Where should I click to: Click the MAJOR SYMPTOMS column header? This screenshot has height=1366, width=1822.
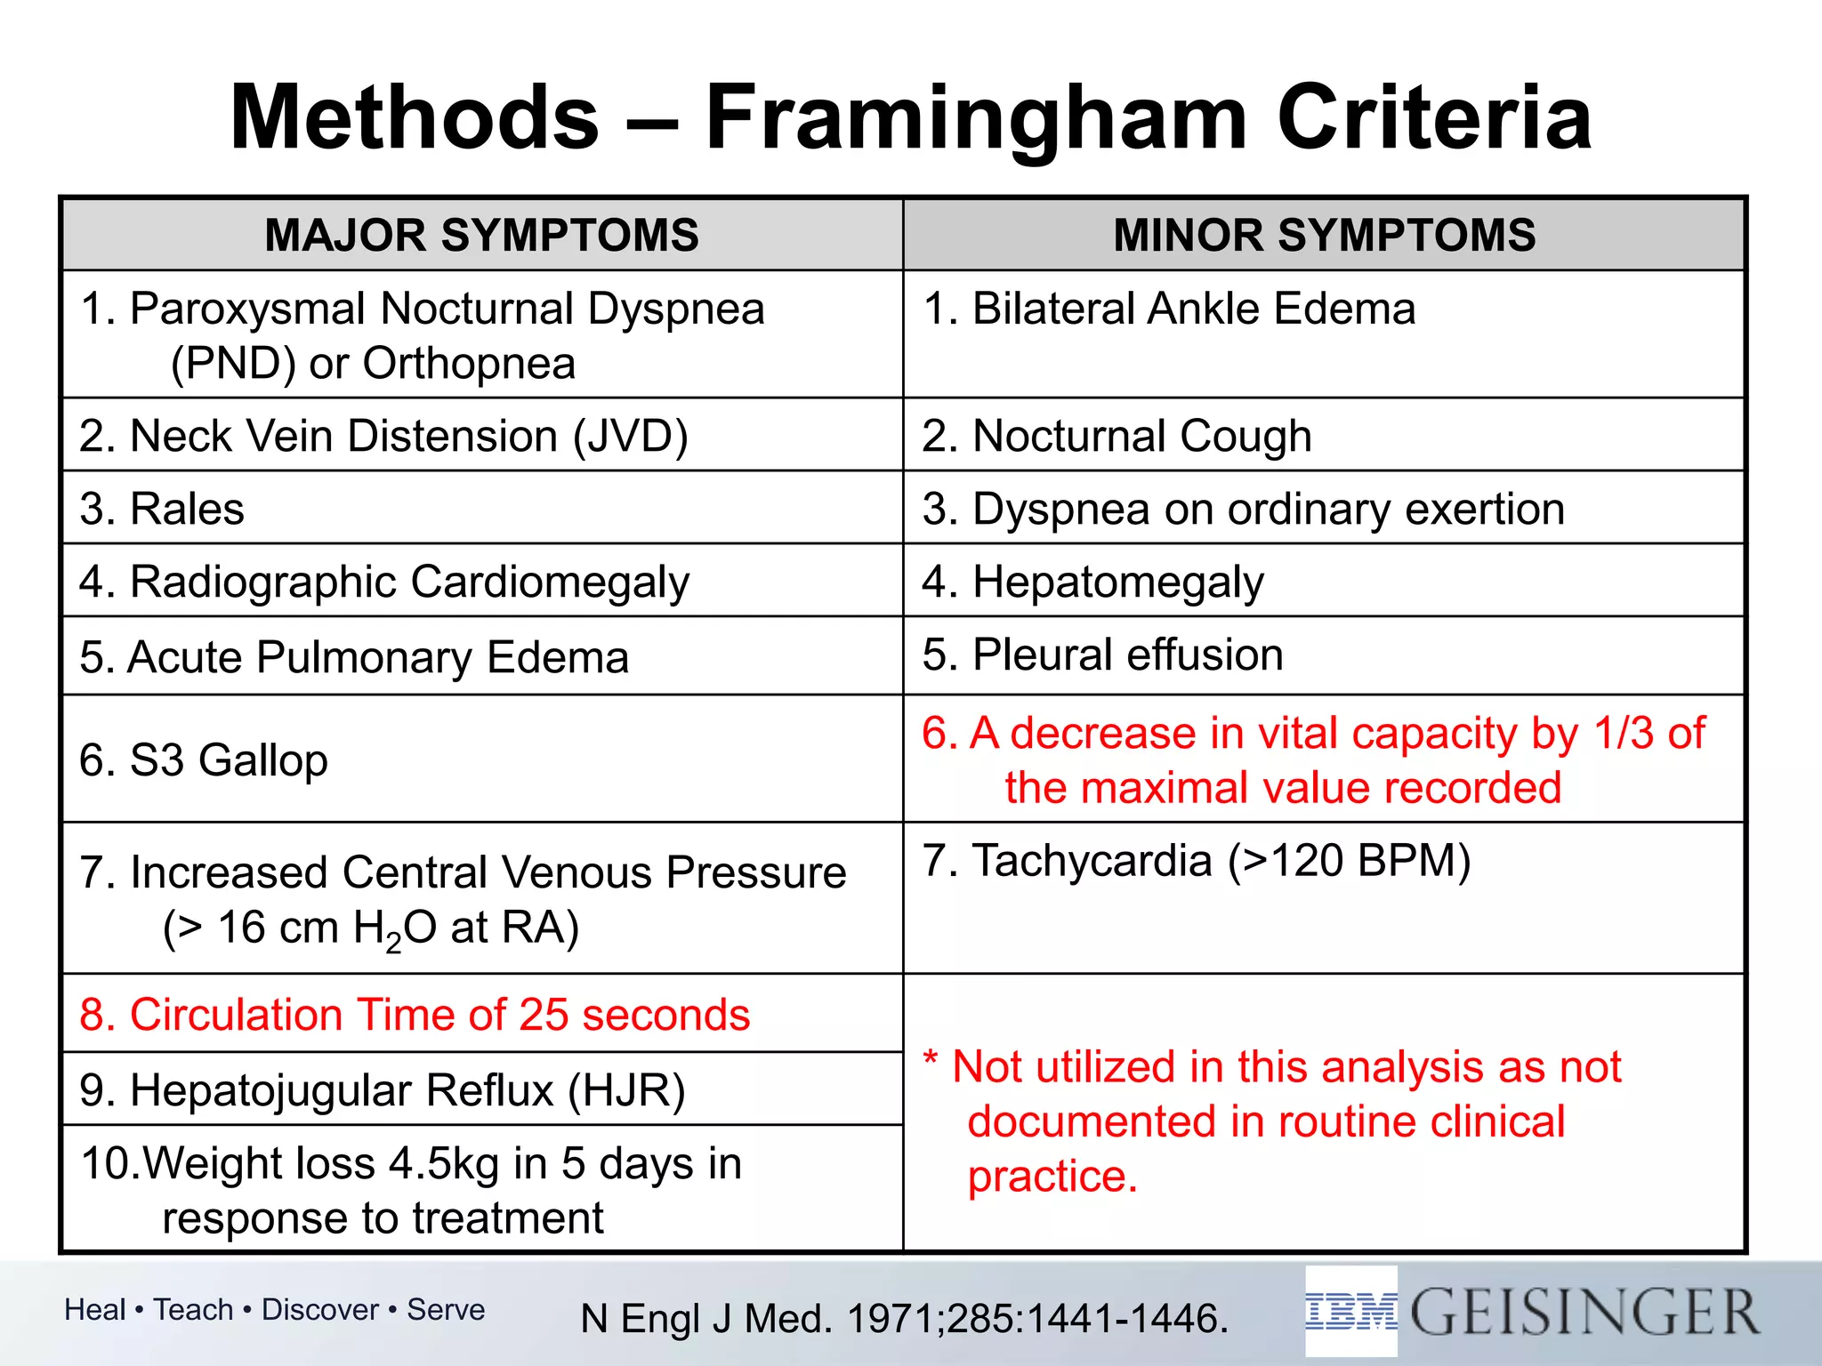coord(481,236)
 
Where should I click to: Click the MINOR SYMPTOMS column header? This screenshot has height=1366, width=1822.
coord(1324,236)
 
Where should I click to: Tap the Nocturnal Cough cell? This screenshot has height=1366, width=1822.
coord(1117,437)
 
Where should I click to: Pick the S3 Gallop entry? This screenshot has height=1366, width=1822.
coord(204,761)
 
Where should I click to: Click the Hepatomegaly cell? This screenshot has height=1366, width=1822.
coord(1092,583)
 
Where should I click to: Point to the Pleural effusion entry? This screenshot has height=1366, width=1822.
coord(1102,655)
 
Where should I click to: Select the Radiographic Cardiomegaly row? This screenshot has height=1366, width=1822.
coord(384,583)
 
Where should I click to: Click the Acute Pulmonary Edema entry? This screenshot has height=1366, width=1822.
coord(354,658)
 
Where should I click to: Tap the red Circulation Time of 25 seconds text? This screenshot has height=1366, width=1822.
coord(415,1015)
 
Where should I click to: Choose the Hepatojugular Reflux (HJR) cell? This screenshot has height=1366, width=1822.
coord(383,1090)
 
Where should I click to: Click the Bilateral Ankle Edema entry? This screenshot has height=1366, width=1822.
coord(1168,309)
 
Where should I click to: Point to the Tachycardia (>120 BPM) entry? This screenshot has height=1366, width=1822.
coord(1197,861)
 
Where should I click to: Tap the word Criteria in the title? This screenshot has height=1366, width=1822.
coord(1434,118)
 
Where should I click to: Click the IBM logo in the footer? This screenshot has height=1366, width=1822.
coord(1350,1312)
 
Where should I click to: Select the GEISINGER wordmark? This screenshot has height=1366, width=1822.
coord(1584,1312)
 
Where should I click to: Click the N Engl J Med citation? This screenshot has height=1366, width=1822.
coord(904,1319)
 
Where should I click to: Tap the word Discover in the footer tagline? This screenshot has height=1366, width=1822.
coord(320,1310)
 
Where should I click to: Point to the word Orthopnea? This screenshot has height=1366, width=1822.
coord(469,364)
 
